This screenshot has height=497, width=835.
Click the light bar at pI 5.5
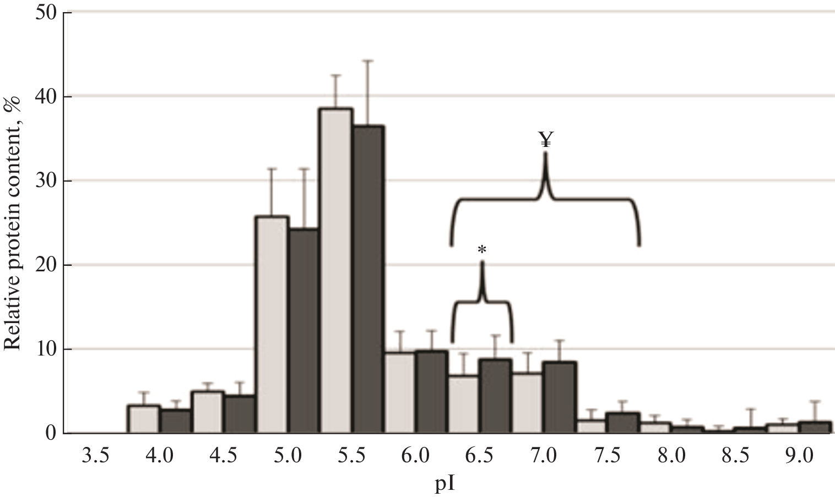coord(336,270)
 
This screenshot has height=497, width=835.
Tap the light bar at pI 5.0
coord(272,325)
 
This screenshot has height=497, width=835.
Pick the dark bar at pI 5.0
coord(304,330)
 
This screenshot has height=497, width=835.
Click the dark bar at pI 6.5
coord(495,396)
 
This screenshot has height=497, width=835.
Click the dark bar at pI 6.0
coord(431,392)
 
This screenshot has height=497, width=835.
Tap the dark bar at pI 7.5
coord(623,423)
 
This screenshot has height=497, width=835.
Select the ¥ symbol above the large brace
coord(545,140)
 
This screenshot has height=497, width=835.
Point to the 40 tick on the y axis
coord(47,97)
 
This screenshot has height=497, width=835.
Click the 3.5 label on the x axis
coord(96,456)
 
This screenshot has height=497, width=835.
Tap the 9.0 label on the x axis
coord(799,456)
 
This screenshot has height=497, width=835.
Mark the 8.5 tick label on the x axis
coord(735,456)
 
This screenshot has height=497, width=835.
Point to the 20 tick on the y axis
coord(47,265)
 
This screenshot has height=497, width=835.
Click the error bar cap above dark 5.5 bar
coord(368,61)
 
